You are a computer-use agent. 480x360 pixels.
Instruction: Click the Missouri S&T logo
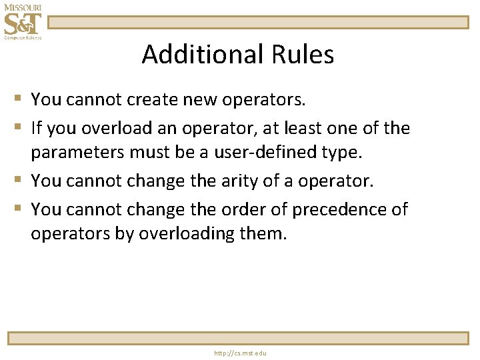click(x=22, y=22)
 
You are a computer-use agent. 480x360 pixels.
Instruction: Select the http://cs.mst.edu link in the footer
click(x=239, y=353)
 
